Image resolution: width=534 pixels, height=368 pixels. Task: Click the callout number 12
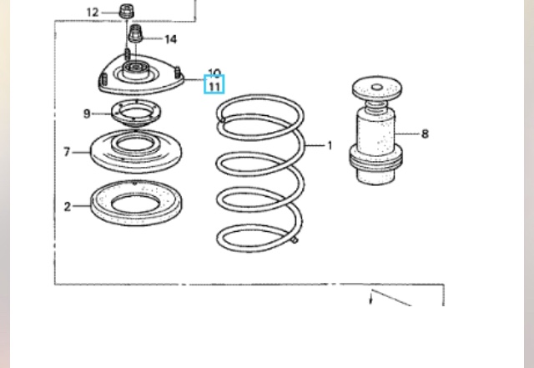click(x=93, y=13)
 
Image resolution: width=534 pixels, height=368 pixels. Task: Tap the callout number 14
click(x=170, y=39)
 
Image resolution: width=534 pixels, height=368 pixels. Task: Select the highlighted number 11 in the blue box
click(x=214, y=86)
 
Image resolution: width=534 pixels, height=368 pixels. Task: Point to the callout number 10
click(x=214, y=73)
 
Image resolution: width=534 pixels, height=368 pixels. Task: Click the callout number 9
click(x=87, y=113)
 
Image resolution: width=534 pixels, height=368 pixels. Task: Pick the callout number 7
click(x=67, y=152)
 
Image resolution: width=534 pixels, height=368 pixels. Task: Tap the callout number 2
click(x=68, y=206)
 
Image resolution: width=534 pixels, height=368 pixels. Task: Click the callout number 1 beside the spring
click(x=330, y=146)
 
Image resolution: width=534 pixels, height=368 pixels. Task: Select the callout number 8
click(x=425, y=134)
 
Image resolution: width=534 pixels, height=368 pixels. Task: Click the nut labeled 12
click(x=127, y=11)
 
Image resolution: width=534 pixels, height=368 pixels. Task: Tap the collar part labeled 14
click(x=135, y=33)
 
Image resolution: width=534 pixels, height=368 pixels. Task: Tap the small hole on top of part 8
click(x=376, y=88)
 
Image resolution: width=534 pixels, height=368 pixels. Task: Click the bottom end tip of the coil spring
click(x=295, y=240)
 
